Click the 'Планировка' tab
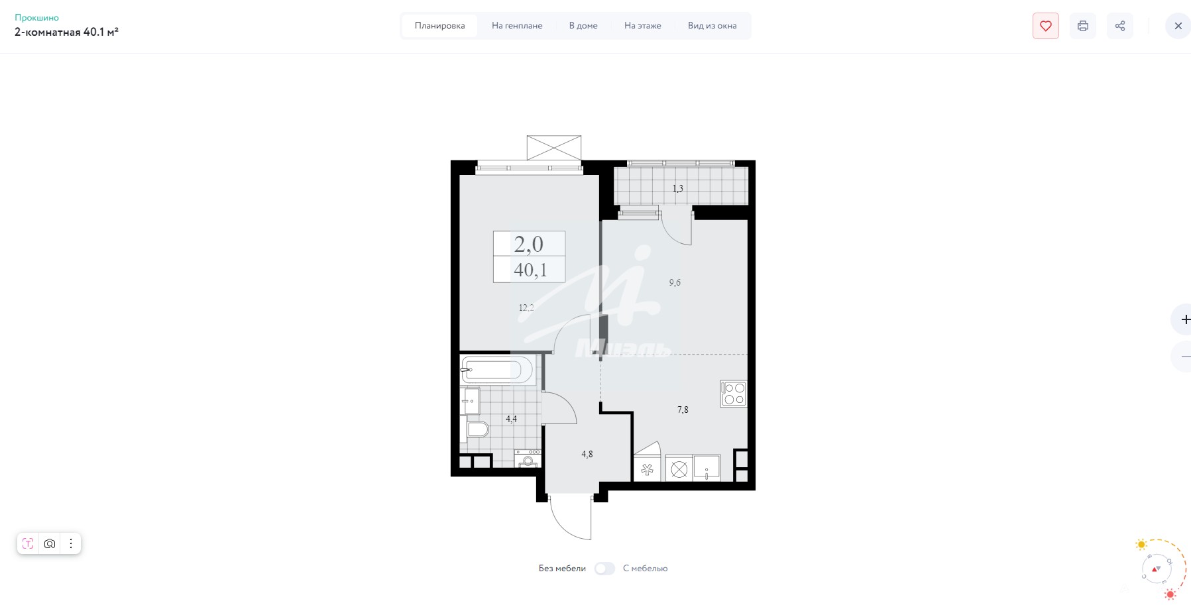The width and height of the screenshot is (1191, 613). [x=439, y=26]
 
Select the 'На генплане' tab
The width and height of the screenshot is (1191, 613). [x=517, y=26]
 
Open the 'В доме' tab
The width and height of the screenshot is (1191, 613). [x=583, y=26]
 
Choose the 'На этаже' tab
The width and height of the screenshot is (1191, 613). [x=642, y=26]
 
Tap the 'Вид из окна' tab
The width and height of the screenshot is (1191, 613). [x=712, y=26]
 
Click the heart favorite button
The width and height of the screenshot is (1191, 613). [x=1045, y=26]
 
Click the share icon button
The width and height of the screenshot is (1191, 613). [x=1119, y=26]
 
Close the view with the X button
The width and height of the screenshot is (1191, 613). [x=1178, y=26]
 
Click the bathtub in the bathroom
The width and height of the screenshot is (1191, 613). [x=497, y=370]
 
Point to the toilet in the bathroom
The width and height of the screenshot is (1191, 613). [x=477, y=429]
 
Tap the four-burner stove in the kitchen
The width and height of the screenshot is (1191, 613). [x=734, y=394]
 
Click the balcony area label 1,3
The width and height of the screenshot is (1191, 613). [x=677, y=189]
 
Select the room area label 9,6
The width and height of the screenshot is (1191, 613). [x=675, y=283]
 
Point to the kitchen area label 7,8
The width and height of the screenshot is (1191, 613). [x=683, y=410]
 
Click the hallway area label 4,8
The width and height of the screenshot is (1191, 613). [x=587, y=455]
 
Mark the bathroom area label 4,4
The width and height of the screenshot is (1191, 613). [x=511, y=419]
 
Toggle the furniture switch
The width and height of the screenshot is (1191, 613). [x=604, y=569]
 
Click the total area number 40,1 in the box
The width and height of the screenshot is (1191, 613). [x=530, y=270]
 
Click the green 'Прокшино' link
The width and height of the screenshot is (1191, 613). [x=37, y=18]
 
